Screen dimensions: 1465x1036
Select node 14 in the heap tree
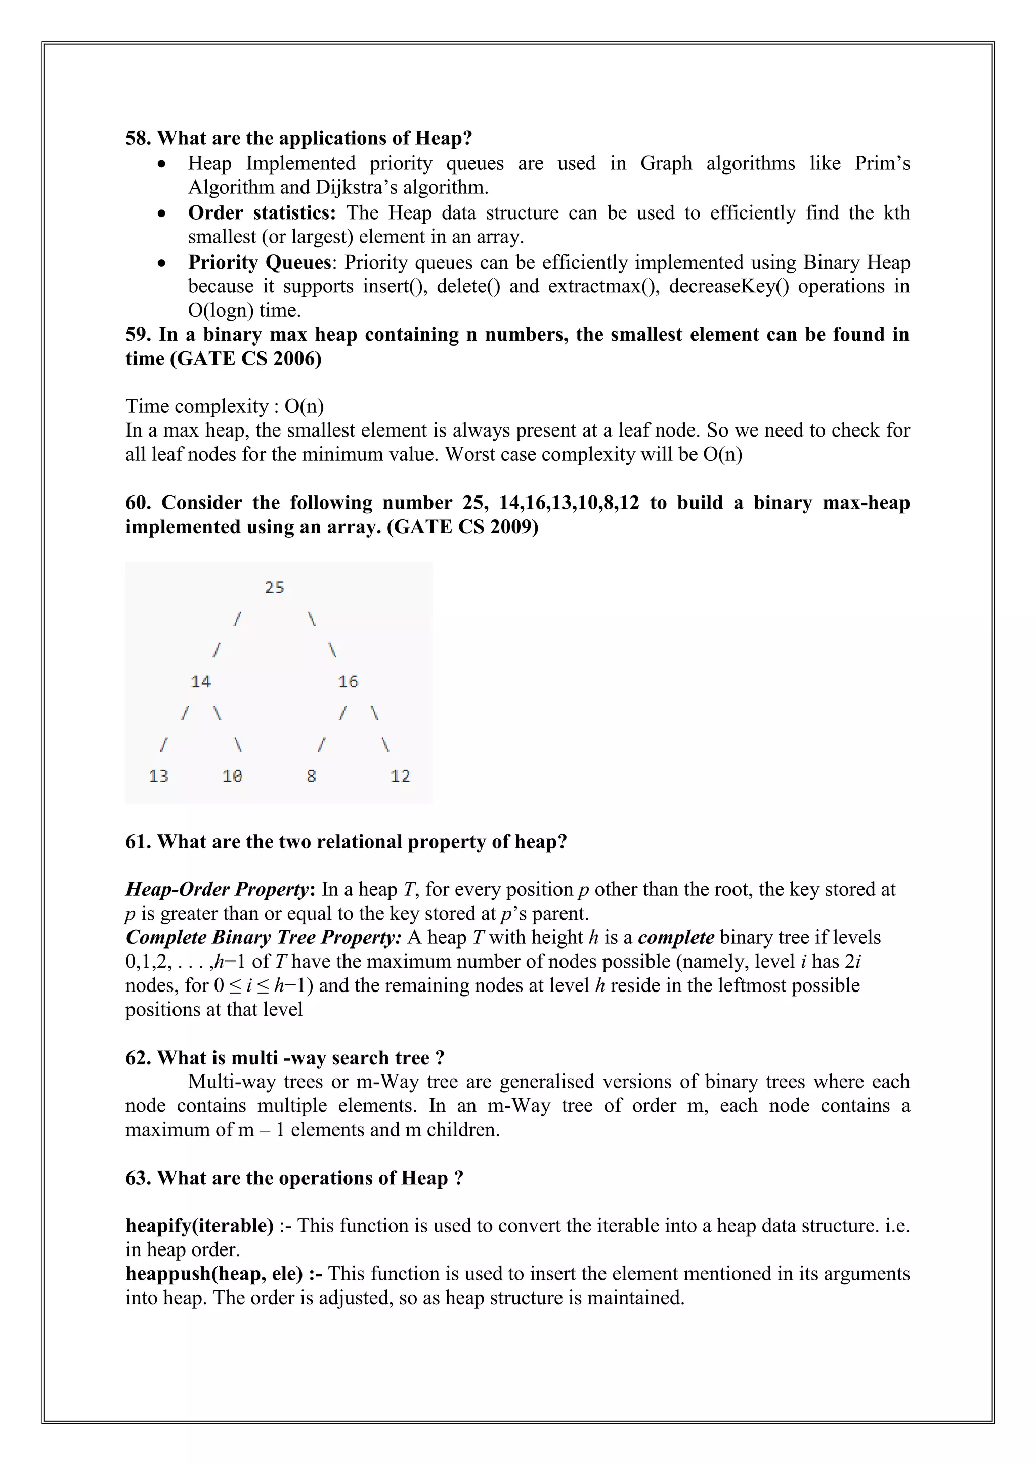pos(200,682)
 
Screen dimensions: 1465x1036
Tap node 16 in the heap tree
pos(348,682)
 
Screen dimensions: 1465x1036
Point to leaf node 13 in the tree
pos(158,777)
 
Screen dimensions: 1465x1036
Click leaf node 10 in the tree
pos(232,777)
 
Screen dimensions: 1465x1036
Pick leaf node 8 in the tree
pos(311,777)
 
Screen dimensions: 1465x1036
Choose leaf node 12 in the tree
pos(400,777)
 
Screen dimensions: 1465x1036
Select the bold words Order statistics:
pos(262,212)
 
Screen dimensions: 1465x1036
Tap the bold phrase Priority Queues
pos(260,262)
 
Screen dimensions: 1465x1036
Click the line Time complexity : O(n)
pos(225,406)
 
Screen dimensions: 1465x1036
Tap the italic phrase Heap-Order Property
pos(217,889)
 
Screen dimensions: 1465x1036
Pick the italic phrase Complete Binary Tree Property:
pos(264,937)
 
